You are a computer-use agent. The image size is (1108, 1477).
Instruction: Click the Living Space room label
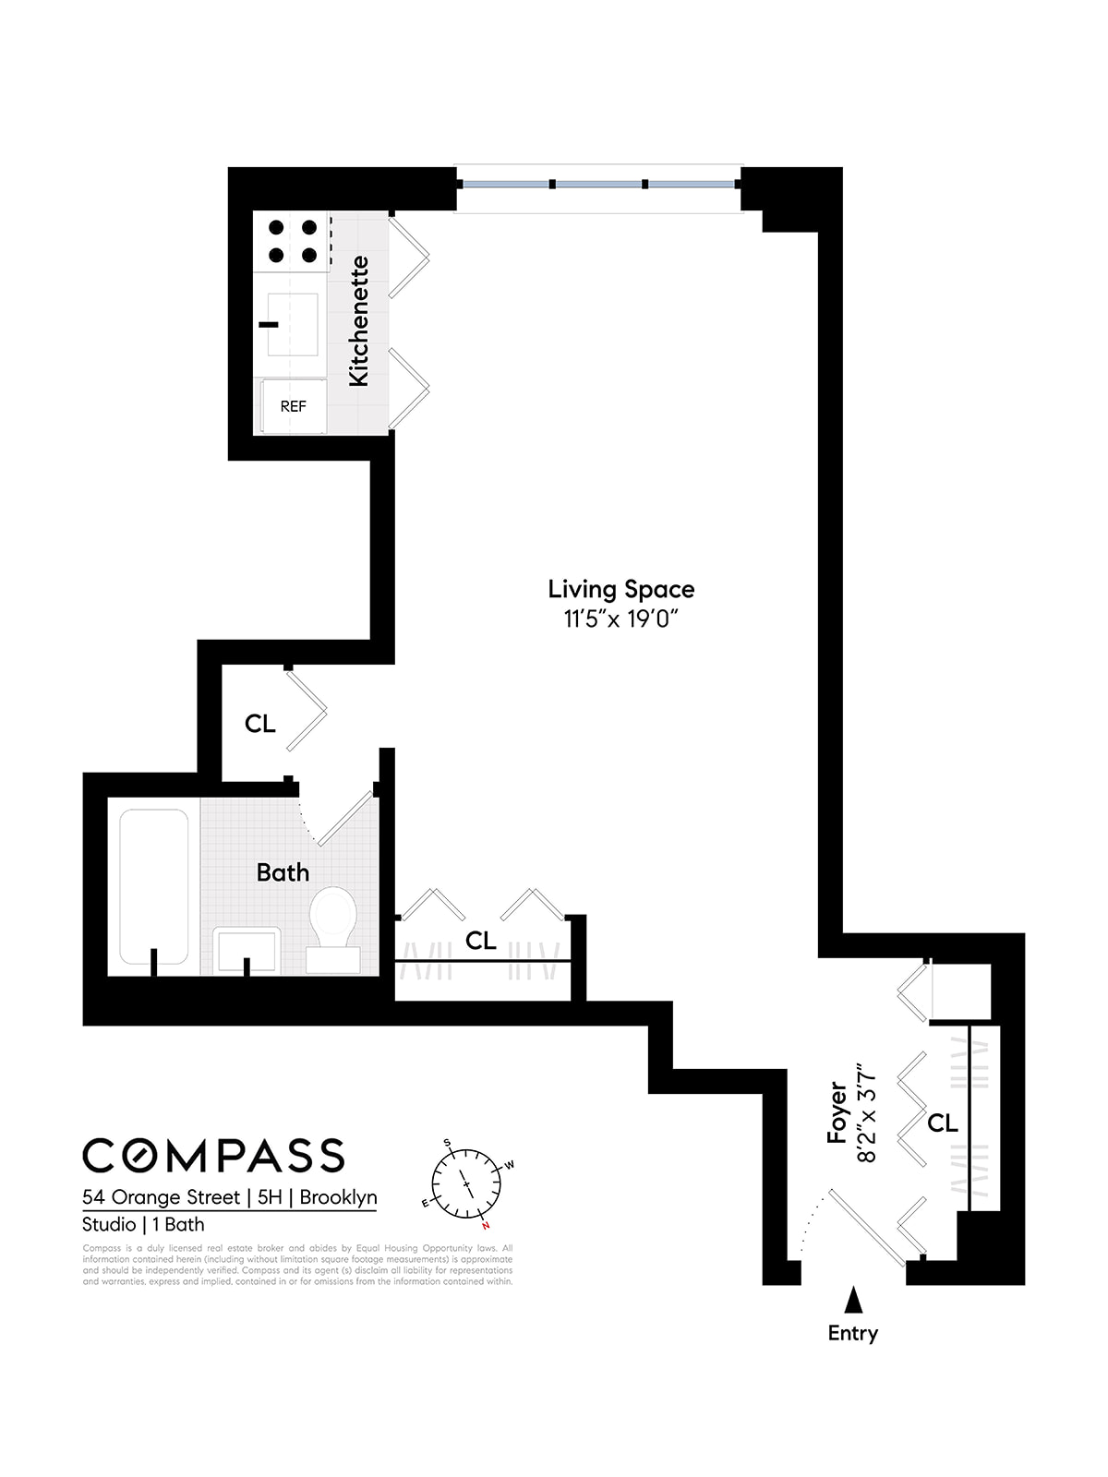click(x=620, y=589)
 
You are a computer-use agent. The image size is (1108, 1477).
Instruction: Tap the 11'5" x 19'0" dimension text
click(x=620, y=618)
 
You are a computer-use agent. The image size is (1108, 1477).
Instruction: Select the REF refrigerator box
click(x=293, y=406)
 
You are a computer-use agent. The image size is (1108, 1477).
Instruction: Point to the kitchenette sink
click(x=292, y=324)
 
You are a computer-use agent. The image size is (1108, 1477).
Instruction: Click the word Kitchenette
click(x=358, y=321)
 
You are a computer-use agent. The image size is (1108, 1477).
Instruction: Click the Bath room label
click(x=283, y=872)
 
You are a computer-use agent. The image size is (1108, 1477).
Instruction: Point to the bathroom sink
click(x=247, y=950)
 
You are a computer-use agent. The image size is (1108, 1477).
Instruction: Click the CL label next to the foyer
click(x=942, y=1123)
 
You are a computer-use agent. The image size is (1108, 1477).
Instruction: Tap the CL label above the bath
click(x=260, y=724)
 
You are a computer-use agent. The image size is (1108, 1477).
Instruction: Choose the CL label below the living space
click(x=480, y=941)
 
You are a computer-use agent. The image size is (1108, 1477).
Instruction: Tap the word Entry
click(x=852, y=1333)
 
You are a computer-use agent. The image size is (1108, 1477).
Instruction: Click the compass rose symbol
click(x=467, y=1183)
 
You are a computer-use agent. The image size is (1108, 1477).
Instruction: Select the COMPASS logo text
click(x=213, y=1156)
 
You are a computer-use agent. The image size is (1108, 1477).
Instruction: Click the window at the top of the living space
click(x=598, y=185)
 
